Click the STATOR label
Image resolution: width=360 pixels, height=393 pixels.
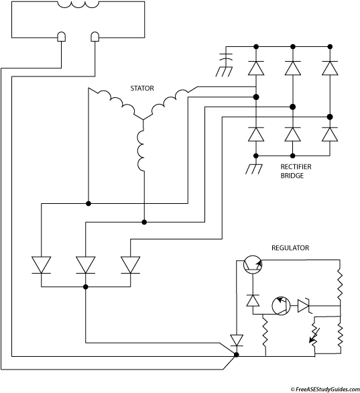coord(142,89)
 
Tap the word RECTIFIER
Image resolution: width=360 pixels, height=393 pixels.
coord(296,167)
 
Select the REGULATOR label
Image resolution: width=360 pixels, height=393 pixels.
coord(290,248)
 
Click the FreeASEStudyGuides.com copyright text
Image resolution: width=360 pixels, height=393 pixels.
coord(325,389)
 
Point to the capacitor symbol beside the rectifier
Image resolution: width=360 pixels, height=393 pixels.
coord(226,56)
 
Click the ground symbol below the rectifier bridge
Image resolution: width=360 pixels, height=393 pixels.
coord(254,169)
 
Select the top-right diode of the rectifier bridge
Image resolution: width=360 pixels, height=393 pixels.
coord(330,68)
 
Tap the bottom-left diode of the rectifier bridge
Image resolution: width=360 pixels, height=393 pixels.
coord(256,134)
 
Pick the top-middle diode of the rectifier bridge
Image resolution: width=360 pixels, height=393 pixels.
coord(292,68)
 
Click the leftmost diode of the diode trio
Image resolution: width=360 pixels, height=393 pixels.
coord(42,265)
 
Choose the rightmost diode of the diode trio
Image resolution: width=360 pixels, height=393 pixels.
coord(130,265)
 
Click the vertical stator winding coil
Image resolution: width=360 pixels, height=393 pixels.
coord(141,150)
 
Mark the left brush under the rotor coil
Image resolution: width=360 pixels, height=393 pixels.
coord(62,37)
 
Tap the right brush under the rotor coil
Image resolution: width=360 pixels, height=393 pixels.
coord(95,37)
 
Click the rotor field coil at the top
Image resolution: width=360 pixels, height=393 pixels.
coord(78,5)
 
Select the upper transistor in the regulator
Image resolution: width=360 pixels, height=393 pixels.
coord(253,265)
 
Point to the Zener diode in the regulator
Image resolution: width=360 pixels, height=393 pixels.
coord(304,306)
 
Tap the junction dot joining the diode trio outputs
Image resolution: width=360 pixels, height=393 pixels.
coord(86,287)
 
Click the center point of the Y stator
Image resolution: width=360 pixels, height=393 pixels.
coord(143,119)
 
